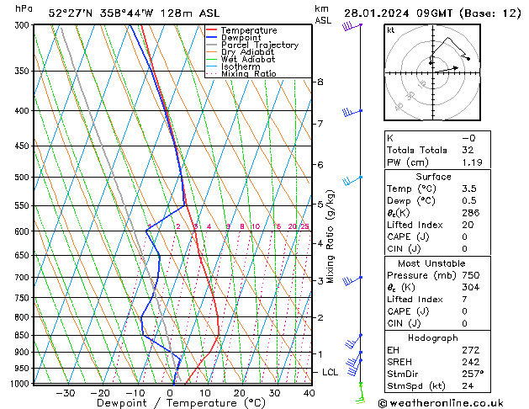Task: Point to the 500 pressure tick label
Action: [23, 178]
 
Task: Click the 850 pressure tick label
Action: [23, 335]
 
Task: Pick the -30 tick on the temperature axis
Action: [65, 393]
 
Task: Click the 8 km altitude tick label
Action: [320, 82]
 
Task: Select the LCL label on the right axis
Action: [331, 372]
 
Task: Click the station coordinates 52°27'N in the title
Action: [71, 13]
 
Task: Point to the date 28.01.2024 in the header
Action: [376, 13]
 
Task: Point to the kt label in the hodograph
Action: [390, 29]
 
